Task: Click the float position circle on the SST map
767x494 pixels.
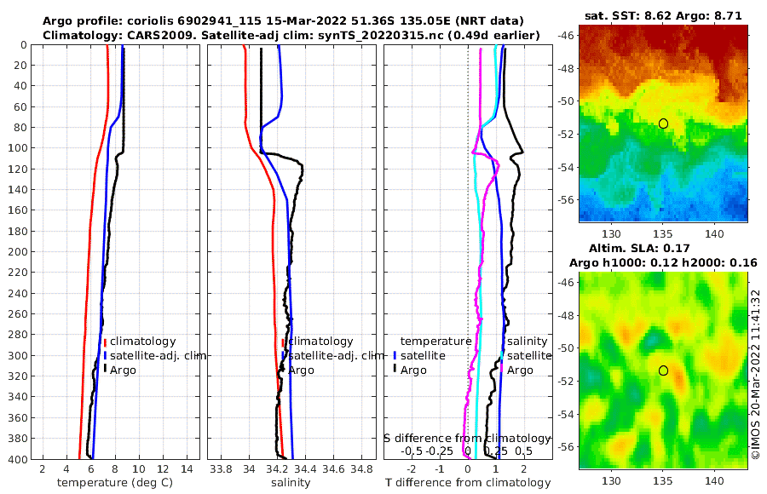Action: (x=663, y=123)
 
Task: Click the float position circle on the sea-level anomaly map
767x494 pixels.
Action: (x=663, y=370)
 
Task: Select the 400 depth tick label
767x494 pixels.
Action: (x=19, y=459)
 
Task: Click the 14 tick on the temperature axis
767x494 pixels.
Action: (x=186, y=468)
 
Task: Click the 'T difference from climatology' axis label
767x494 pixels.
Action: (x=468, y=483)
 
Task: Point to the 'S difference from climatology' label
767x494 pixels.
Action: (x=468, y=438)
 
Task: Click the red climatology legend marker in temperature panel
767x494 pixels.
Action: (x=105, y=342)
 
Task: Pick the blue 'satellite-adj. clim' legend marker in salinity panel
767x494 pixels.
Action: (x=283, y=355)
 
